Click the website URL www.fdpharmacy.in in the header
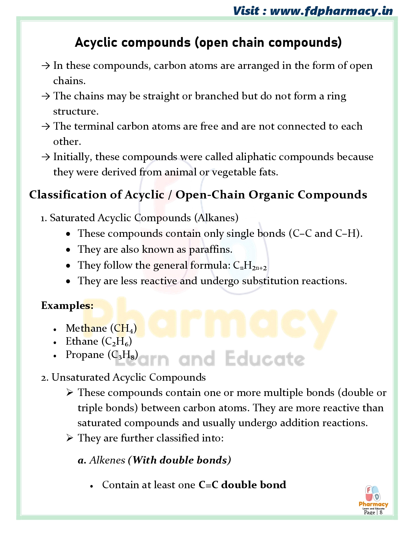tap(331, 11)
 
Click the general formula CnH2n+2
tap(250, 266)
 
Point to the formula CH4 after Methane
tap(123, 329)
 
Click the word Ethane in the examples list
tap(82, 341)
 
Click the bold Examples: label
tap(67, 306)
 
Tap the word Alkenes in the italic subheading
tap(107, 460)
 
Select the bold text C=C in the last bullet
tap(208, 485)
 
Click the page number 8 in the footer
tap(381, 513)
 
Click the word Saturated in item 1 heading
tap(72, 218)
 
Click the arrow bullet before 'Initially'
tap(45, 157)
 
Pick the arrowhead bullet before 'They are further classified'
tap(69, 438)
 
